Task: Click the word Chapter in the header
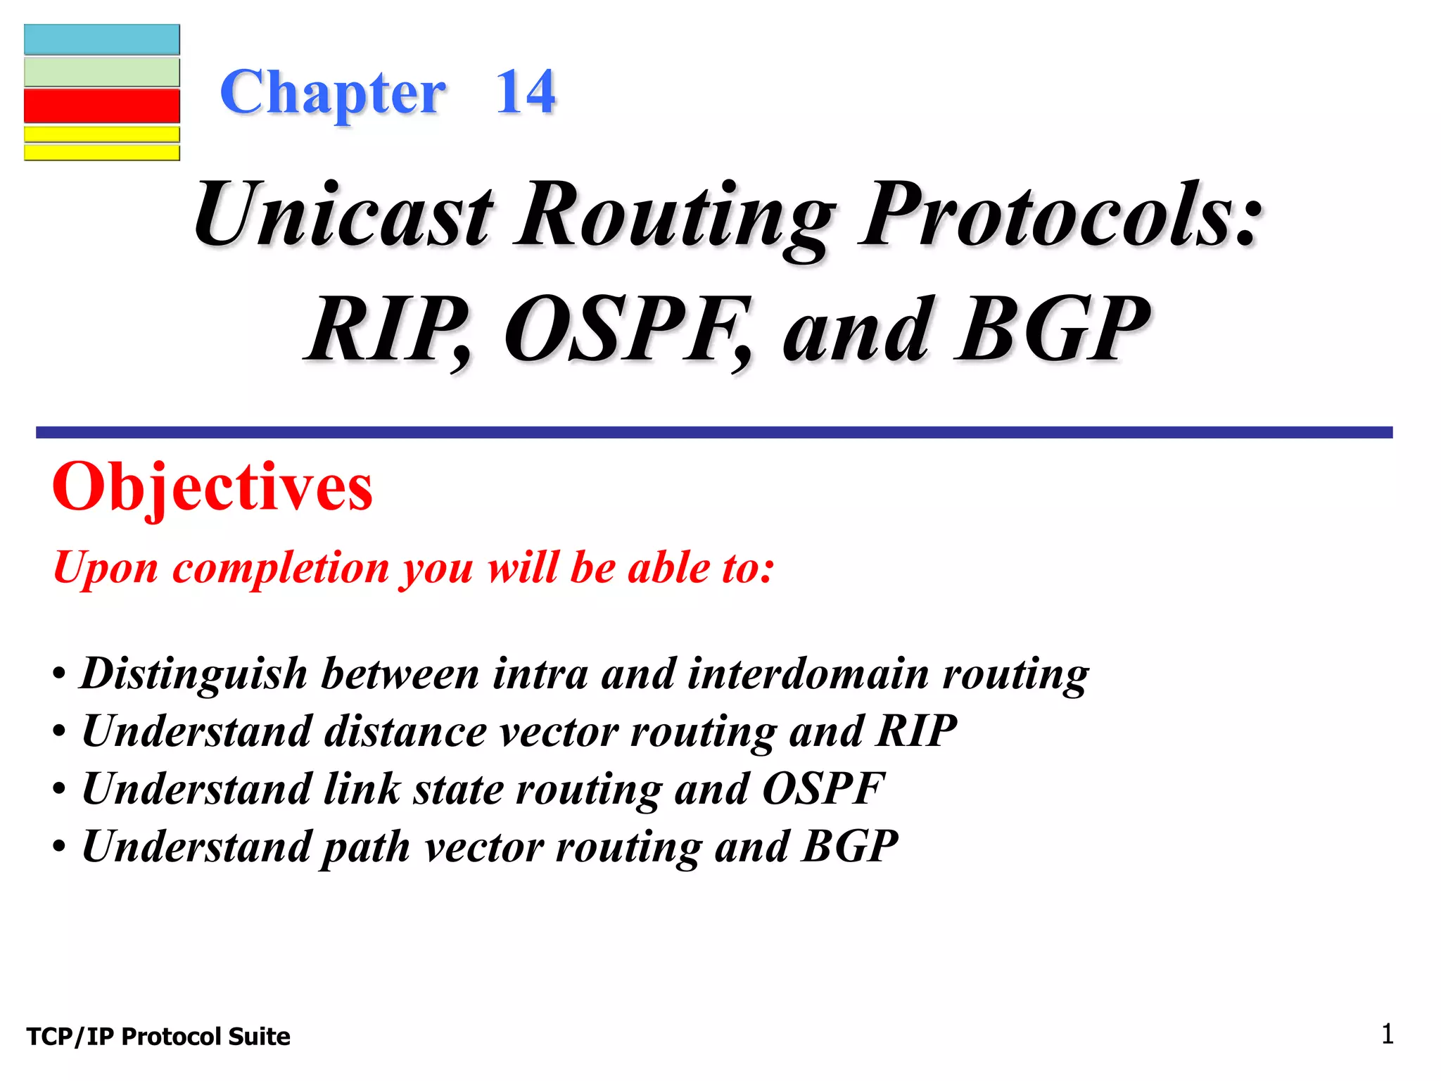click(332, 94)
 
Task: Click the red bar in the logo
click(102, 106)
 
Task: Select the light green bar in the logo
click(102, 72)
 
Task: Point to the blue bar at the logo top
click(102, 40)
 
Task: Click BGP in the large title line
click(1052, 331)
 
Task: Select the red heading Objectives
click(212, 487)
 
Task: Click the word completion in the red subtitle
click(280, 569)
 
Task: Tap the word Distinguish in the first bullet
click(194, 674)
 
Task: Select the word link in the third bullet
click(362, 789)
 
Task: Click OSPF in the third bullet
click(823, 789)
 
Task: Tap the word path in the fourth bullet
click(366, 847)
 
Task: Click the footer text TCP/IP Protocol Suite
click(158, 1037)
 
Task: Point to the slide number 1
click(1387, 1035)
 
